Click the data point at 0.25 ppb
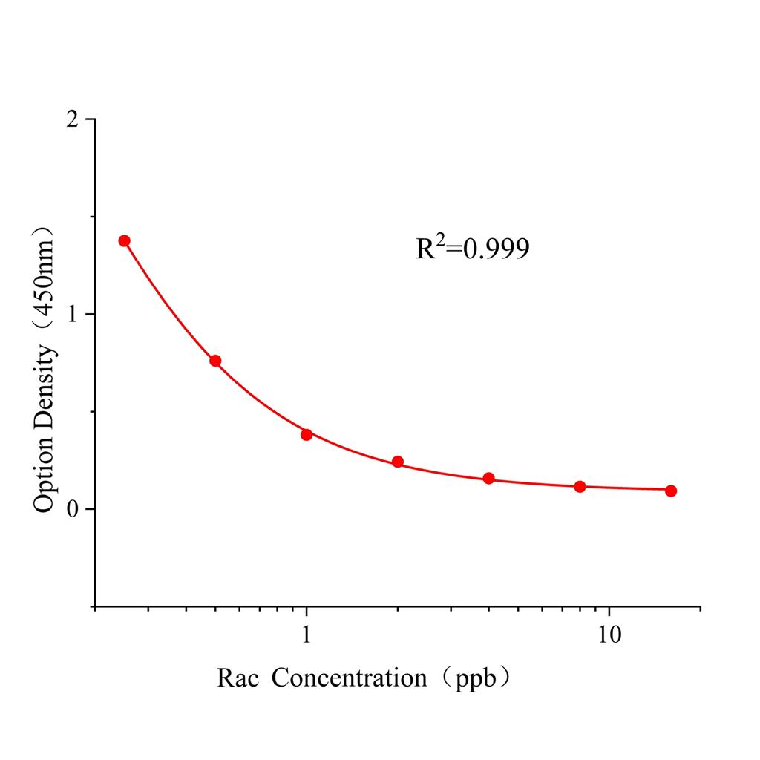click(x=124, y=240)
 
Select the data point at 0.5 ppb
click(x=215, y=361)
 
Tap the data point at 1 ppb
click(x=307, y=434)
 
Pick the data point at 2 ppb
click(x=398, y=462)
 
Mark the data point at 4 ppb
click(x=488, y=478)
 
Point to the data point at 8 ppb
click(x=580, y=486)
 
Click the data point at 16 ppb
click(x=671, y=491)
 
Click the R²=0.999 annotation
click(x=472, y=249)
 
